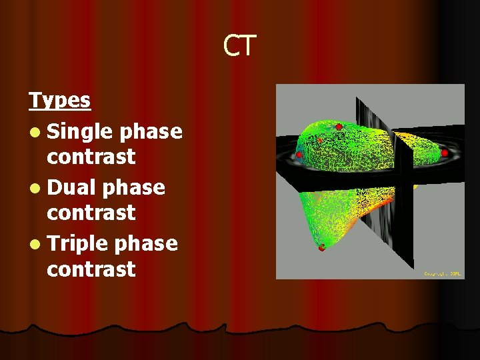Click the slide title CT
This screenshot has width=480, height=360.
coord(239,46)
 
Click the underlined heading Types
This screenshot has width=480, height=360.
coord(59,101)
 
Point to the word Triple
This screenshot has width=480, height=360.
coord(77,243)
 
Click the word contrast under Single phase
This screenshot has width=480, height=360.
coord(91,157)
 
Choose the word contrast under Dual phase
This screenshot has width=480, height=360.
coord(91,213)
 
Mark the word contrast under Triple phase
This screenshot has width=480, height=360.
coord(91,269)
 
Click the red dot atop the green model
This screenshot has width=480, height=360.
coord(339,127)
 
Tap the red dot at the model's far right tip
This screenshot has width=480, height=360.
coord(445,153)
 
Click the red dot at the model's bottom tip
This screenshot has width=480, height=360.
coord(321,248)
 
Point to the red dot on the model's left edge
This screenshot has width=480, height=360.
coord(299,155)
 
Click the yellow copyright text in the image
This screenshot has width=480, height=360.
coord(441,273)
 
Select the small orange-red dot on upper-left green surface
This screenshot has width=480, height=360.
coord(320,141)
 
